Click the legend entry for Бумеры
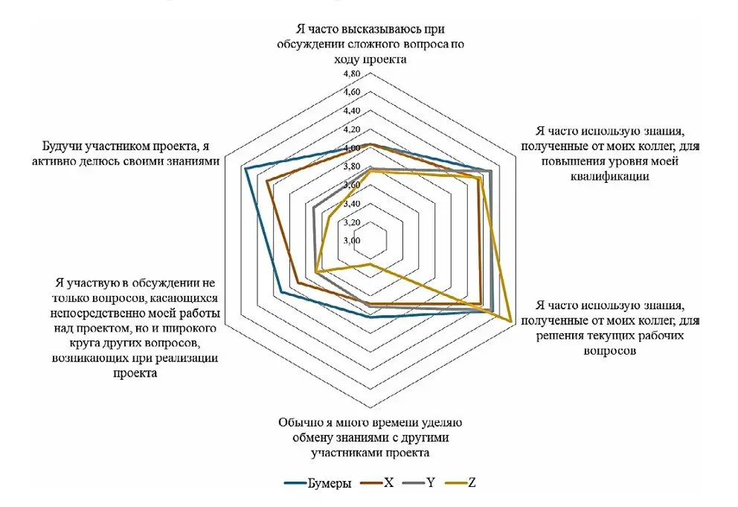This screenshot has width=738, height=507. tap(318, 483)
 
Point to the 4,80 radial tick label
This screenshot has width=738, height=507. tap(352, 74)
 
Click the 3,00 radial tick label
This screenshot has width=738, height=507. tap(352, 241)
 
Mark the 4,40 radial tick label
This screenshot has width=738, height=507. tap(352, 111)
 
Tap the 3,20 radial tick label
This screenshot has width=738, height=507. tap(352, 222)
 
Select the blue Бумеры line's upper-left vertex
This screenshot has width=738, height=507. tap(245, 168)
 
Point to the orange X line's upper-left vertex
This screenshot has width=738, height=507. tap(267, 181)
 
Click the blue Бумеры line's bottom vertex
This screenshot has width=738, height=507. tap(370, 317)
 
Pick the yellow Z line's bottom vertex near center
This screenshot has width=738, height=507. tap(370, 265)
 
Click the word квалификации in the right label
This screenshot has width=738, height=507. tap(610, 177)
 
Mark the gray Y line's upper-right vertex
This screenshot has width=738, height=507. tap(490, 171)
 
